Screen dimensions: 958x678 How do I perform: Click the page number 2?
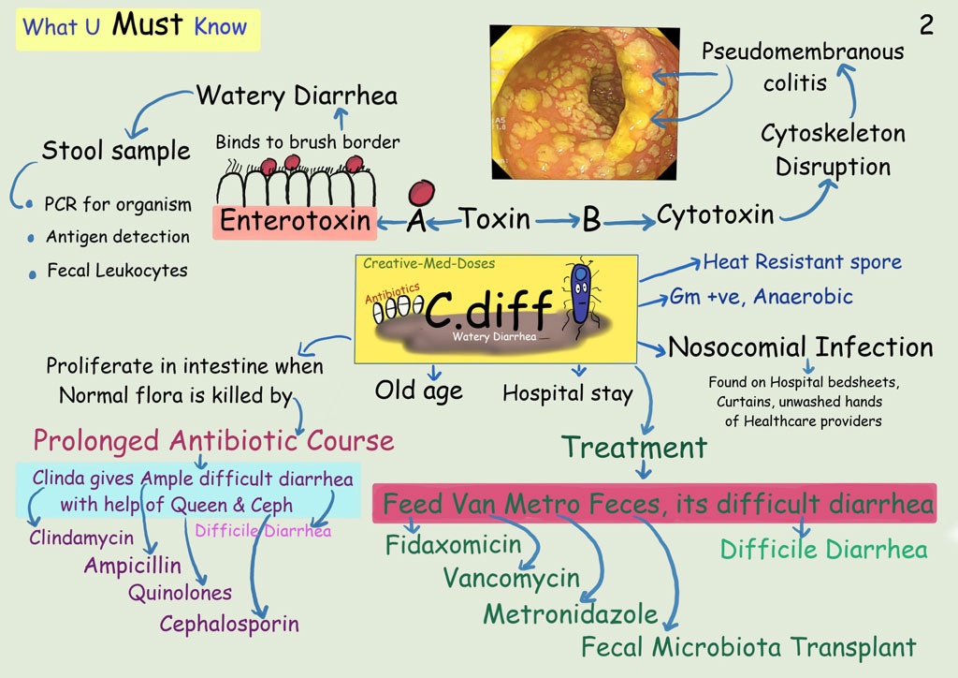pos(926,25)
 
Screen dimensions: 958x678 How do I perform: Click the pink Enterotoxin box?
pos(295,222)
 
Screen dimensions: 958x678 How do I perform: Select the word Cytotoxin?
pos(715,215)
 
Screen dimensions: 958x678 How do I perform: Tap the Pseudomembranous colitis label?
pos(803,66)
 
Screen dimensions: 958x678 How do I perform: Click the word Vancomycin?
pos(512,578)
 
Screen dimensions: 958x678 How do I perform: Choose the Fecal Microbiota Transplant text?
pos(748,646)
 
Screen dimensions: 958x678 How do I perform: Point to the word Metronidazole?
pos(571,613)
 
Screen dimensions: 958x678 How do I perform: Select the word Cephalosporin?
pos(229,624)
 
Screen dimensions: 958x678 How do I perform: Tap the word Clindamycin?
pos(81,538)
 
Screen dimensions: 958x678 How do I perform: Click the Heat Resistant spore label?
pos(803,261)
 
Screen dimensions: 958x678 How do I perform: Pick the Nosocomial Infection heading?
pos(801,347)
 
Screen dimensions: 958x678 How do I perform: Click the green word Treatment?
pos(634,448)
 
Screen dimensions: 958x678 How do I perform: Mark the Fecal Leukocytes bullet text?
pos(117,271)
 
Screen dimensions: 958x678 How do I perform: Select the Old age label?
pos(419,391)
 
